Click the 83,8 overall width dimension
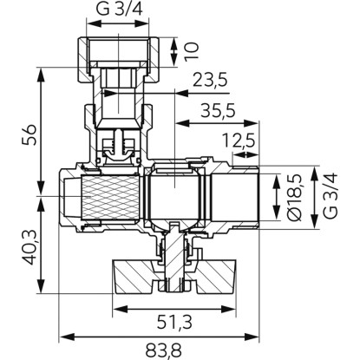tap(163, 350)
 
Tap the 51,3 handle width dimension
tap(174, 323)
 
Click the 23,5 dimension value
tap(210, 80)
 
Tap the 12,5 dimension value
tap(239, 141)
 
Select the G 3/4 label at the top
tap(120, 9)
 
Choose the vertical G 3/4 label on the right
tap(330, 196)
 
